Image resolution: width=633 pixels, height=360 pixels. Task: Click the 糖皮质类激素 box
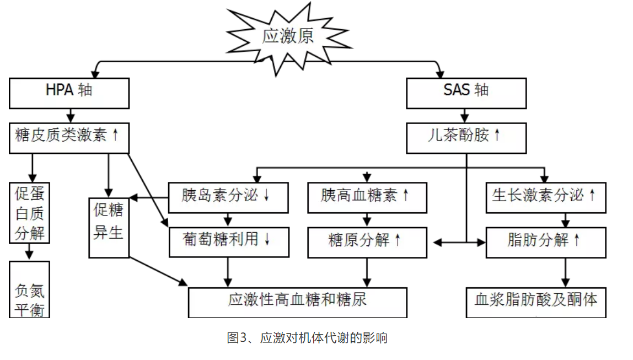69,137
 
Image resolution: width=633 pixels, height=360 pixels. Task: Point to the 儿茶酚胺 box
466,137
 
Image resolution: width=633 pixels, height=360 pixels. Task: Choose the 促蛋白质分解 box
30,213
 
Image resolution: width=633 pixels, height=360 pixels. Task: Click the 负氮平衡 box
30,289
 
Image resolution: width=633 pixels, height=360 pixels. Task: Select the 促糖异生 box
109,227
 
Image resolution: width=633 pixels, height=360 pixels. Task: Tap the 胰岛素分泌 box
228,197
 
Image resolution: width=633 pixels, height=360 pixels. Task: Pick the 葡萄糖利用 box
228,241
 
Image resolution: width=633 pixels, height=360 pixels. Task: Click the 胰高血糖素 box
367,197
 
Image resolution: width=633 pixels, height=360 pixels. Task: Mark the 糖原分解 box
367,241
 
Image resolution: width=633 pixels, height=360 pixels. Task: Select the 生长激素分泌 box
545,197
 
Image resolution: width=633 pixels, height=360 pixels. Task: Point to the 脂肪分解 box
545,241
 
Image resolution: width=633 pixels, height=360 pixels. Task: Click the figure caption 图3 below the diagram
307,337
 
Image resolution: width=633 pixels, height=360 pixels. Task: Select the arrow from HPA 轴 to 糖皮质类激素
70,115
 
